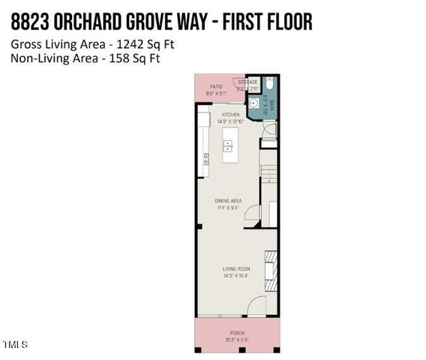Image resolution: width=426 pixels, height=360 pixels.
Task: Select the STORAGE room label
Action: click(x=247, y=81)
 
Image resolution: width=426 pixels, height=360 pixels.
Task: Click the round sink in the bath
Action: click(x=254, y=103)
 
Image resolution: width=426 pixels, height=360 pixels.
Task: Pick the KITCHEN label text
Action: click(x=229, y=115)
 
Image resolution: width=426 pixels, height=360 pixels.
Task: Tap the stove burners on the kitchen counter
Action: click(x=204, y=157)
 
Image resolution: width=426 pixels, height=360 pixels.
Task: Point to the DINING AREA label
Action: click(x=228, y=200)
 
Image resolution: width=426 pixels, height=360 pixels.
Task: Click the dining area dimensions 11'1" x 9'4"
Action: click(x=228, y=208)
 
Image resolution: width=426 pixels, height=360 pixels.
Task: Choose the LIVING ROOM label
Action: click(x=235, y=268)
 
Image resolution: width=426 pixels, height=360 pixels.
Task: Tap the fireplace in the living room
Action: click(x=274, y=265)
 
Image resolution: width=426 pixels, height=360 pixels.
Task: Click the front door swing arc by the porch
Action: click(x=256, y=304)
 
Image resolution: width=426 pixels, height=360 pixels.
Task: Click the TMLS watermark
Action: click(x=15, y=344)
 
